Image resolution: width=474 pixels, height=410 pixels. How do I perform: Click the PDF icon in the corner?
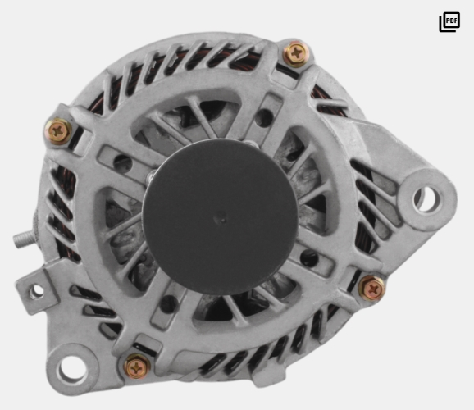(449, 22)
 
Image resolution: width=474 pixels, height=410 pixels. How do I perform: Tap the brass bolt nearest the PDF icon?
(297, 53)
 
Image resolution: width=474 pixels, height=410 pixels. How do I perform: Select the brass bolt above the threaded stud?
(59, 131)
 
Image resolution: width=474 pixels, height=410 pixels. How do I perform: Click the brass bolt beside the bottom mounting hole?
(137, 367)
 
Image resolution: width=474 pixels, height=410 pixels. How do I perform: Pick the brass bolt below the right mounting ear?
(371, 288)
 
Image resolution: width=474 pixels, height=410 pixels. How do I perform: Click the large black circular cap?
(220, 217)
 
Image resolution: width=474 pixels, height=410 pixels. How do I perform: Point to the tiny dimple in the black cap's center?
(221, 216)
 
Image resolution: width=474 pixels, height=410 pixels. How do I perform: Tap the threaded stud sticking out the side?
(24, 238)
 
